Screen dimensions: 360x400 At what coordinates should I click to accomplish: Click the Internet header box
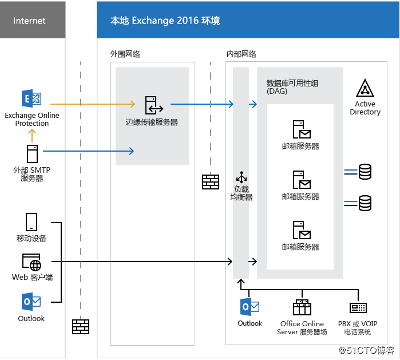[30, 21]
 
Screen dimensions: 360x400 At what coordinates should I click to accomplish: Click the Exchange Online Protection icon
[31, 99]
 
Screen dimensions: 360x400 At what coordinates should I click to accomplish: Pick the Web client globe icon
[31, 262]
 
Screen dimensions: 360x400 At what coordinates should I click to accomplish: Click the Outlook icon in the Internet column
[31, 302]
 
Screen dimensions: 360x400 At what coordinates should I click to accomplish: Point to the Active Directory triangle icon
[365, 89]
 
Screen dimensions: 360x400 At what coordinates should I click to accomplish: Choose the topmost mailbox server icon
[301, 130]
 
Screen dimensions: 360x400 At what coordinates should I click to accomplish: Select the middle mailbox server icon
[301, 180]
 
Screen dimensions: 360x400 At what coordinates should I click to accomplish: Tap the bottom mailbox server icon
[301, 230]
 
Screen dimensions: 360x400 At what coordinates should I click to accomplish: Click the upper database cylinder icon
[365, 171]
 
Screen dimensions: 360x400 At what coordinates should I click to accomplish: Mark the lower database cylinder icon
[365, 203]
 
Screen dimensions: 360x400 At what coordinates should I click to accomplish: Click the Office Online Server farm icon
[302, 307]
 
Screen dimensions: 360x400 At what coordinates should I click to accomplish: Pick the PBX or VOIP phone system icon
[358, 308]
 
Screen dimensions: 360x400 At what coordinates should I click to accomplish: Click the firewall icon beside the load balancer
[211, 181]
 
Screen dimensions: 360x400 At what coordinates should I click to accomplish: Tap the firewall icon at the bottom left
[81, 326]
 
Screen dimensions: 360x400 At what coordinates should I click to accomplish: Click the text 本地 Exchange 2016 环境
[165, 21]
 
